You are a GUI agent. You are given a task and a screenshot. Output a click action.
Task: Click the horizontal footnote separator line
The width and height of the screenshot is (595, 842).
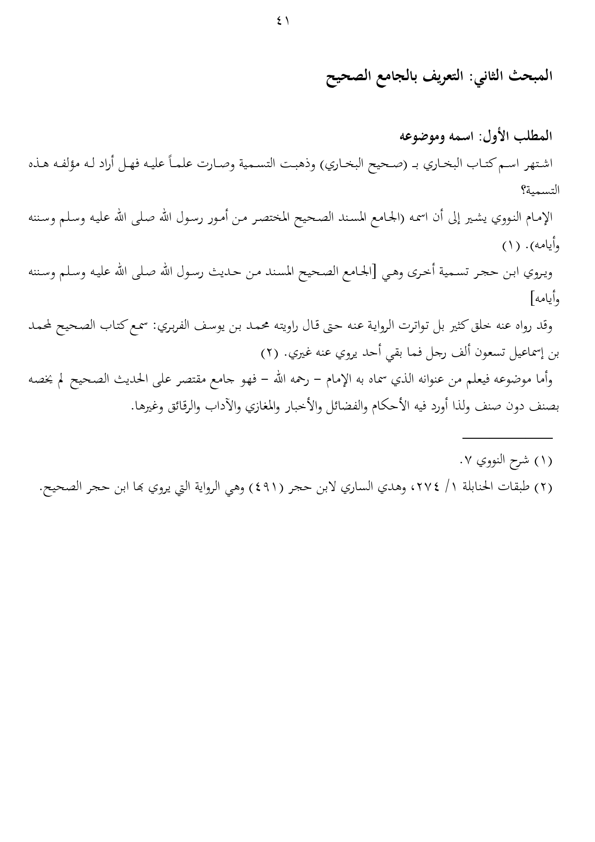click(x=507, y=437)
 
